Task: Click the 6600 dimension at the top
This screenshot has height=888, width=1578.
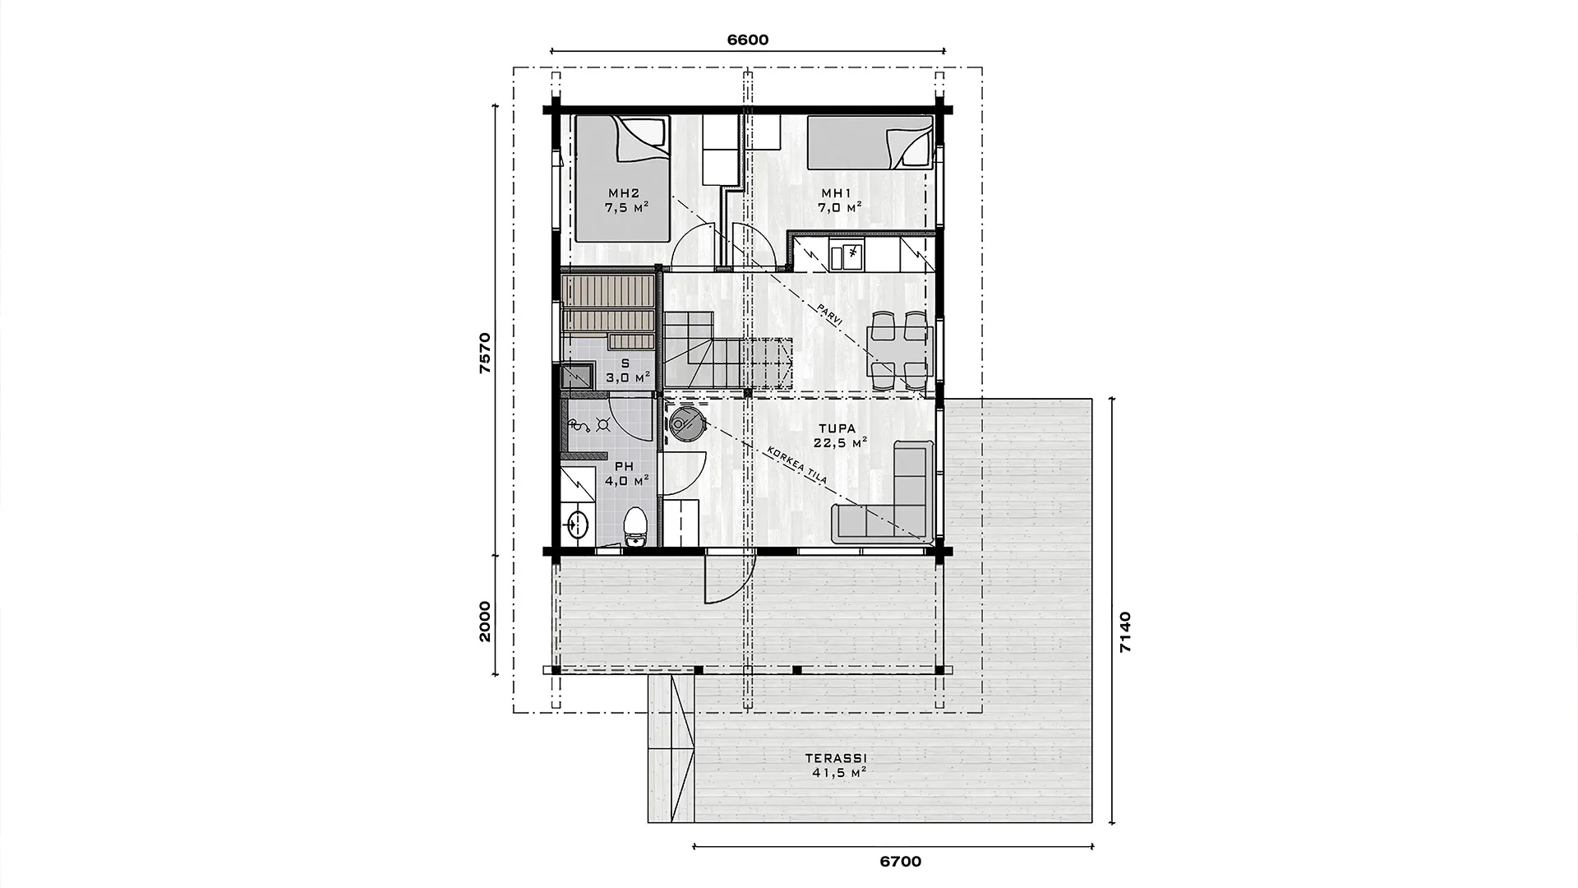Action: coord(748,39)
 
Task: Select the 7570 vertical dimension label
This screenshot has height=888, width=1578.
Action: coord(485,354)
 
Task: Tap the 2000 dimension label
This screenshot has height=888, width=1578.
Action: coord(485,622)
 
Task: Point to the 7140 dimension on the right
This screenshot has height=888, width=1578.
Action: coord(1125,631)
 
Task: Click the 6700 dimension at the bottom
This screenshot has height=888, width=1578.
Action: coord(900,862)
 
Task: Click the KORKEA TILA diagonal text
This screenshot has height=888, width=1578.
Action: coord(796,467)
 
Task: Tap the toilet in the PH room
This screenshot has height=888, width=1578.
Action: coord(634,527)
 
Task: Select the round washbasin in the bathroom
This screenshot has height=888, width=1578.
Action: coord(578,522)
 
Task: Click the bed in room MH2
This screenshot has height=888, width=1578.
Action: coord(621,178)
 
